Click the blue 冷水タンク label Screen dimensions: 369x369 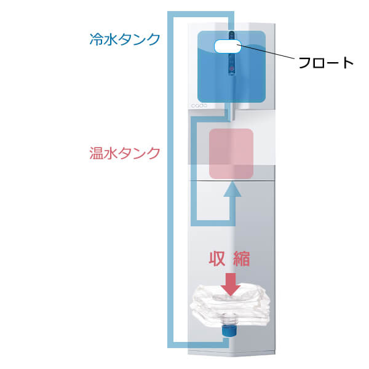tap(124, 40)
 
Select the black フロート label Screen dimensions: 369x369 tap(326, 63)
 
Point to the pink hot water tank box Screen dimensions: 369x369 tap(232, 153)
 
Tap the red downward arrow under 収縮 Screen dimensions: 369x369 tap(231, 282)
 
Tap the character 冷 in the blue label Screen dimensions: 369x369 tap(96, 40)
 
